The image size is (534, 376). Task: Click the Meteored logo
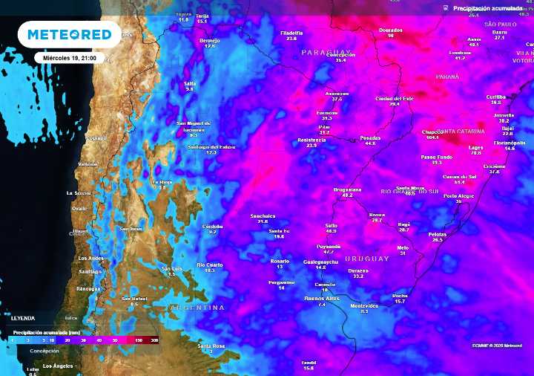coord(70,34)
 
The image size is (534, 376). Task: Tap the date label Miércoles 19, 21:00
coord(70,58)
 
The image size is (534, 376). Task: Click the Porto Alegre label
coord(458,195)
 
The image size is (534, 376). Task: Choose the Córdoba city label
coord(213,226)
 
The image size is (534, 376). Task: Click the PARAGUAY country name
coord(324,52)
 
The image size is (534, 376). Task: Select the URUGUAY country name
coord(366,259)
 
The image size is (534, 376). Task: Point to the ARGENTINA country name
coord(197,307)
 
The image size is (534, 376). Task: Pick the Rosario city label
coord(280,262)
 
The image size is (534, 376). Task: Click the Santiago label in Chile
coord(90,271)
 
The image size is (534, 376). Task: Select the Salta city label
coord(190,84)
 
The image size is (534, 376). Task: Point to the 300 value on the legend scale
coord(154,339)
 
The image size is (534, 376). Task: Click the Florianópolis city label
coord(510,142)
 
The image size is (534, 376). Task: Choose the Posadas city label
coord(370,138)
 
